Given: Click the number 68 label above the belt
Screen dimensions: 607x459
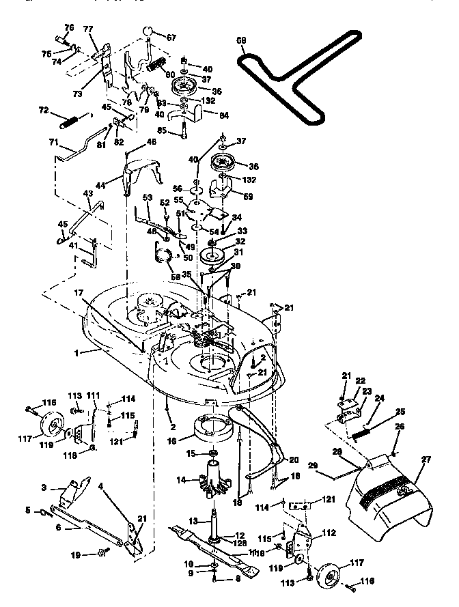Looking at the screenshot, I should coord(242,40).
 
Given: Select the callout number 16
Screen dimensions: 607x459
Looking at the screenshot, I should coord(171,441).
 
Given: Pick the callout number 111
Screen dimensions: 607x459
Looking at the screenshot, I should coord(93,396).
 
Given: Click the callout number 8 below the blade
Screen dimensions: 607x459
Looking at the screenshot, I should coord(237,578).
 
